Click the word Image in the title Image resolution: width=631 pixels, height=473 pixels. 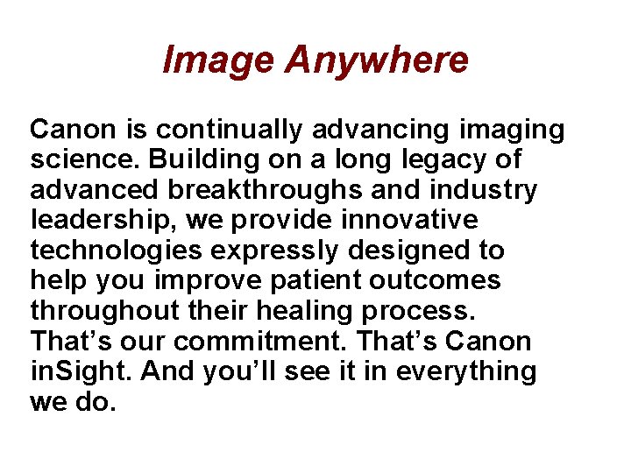(218, 60)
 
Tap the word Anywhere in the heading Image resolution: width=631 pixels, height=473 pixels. (377, 60)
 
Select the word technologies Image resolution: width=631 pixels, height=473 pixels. (117, 251)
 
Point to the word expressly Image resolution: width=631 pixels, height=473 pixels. (274, 251)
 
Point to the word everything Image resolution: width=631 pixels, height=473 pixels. (466, 371)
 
